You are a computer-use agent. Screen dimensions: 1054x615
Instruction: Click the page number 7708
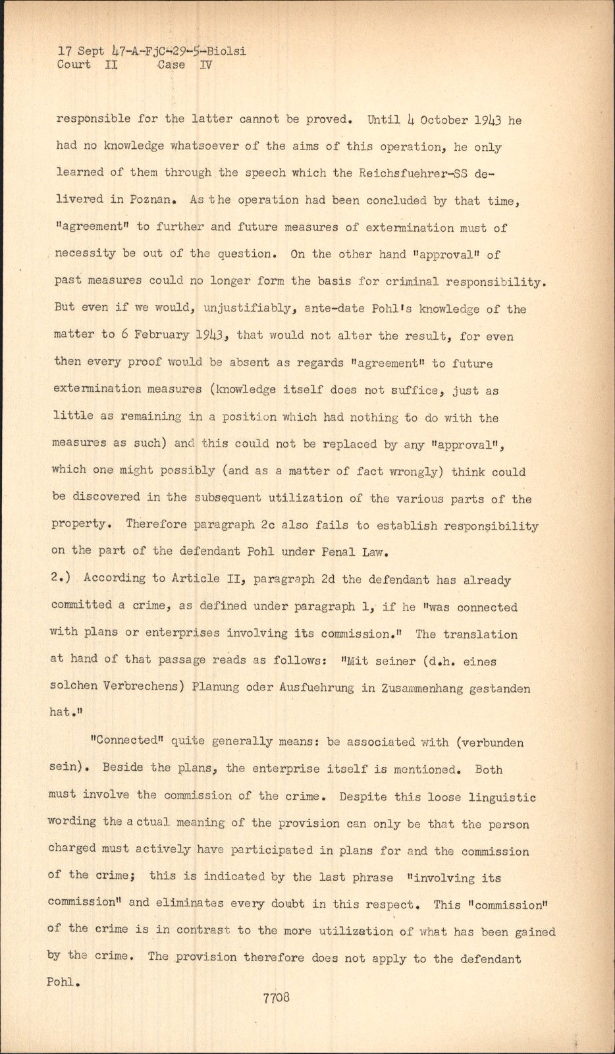[x=276, y=997]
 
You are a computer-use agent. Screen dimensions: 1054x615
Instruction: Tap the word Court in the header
[x=74, y=65]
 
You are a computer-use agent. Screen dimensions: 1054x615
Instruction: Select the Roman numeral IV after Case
[x=205, y=65]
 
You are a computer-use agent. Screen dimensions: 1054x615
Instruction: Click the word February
[x=161, y=335]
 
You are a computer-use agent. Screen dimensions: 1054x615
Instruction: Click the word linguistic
[x=502, y=797]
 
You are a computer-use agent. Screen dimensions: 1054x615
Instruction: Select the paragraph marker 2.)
[x=63, y=578]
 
